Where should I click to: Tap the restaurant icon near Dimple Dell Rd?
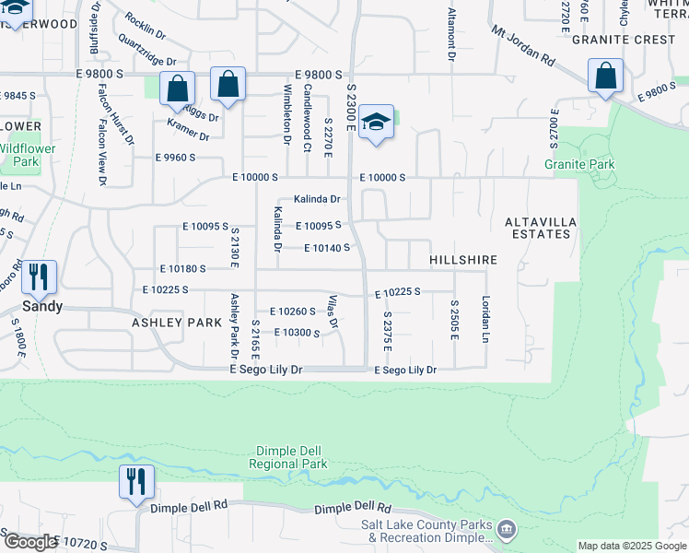[136, 481]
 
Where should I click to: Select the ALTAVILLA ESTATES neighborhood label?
[537, 228]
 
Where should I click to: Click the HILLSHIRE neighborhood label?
[462, 261]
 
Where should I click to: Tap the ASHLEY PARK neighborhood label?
[177, 323]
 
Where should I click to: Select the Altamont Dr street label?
[451, 34]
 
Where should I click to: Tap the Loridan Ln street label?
[485, 319]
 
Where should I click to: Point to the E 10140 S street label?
[327, 248]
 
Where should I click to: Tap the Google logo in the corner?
[29, 542]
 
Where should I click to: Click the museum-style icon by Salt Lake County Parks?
[506, 529]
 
